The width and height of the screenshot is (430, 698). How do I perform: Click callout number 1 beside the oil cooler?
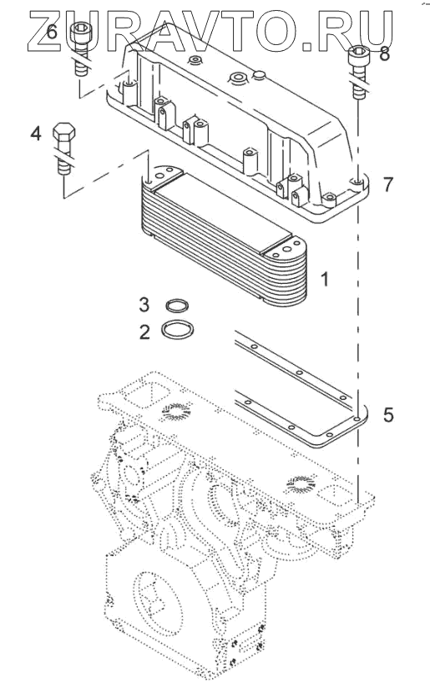(x=325, y=280)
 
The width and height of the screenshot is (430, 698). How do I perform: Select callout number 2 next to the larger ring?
(x=144, y=332)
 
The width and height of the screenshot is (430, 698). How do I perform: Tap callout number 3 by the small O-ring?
(x=144, y=305)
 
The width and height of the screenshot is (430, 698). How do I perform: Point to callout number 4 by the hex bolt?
(x=36, y=133)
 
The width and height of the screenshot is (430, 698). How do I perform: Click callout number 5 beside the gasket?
(x=388, y=414)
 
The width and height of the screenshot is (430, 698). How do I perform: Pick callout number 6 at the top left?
(x=52, y=32)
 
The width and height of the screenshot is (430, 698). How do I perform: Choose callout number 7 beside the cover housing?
(x=388, y=185)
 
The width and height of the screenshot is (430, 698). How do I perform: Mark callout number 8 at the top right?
(x=385, y=54)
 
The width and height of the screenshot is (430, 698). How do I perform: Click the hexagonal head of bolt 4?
(x=64, y=131)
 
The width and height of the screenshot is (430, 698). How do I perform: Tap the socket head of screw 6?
(x=80, y=34)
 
